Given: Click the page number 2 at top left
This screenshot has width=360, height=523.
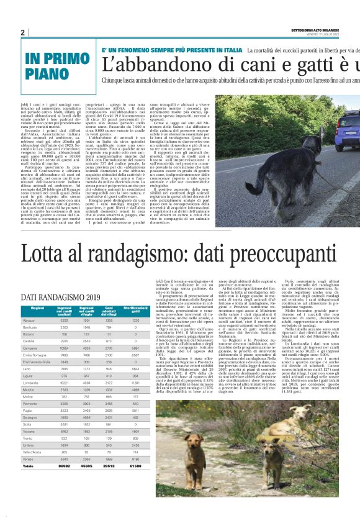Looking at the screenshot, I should tap(23, 32).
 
